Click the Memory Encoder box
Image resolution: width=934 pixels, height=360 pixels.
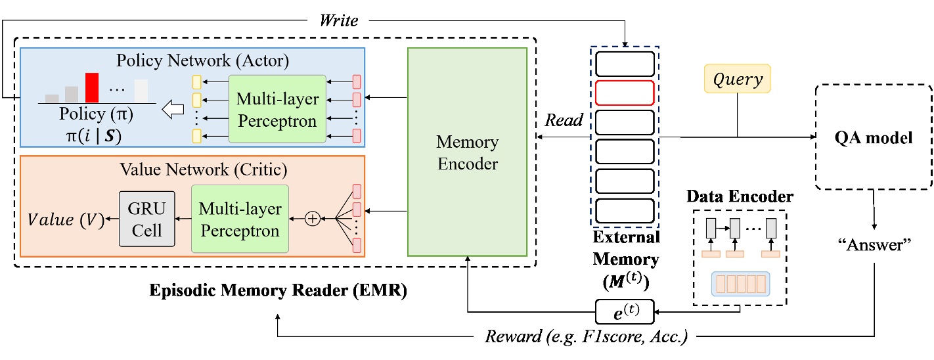tap(467, 152)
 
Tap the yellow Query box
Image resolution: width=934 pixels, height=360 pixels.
tap(737, 79)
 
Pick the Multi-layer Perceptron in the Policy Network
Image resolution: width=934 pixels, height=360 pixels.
tap(277, 110)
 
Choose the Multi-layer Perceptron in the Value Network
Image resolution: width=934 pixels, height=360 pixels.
tap(240, 219)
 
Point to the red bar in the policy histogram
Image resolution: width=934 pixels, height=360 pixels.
tap(91, 87)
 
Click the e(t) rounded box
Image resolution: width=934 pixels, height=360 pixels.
tap(625, 311)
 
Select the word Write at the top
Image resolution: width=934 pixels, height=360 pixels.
tap(338, 21)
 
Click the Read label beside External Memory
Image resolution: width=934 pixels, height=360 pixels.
tap(564, 120)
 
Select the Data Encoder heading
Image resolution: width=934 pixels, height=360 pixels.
tap(740, 196)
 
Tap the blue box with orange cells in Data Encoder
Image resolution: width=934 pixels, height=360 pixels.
tap(740, 284)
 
